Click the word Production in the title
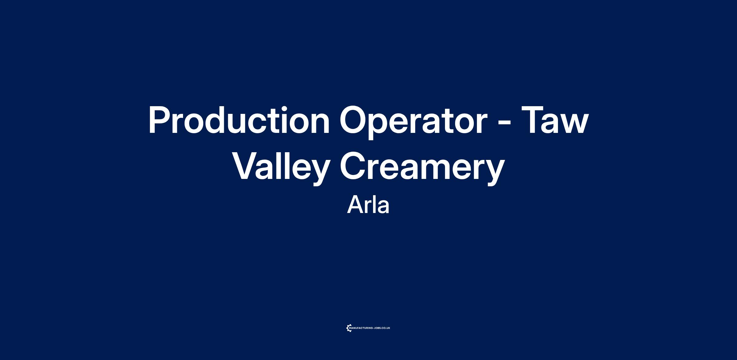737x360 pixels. [239, 120]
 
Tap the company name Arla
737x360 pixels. [368, 205]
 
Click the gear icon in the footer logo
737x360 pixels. [349, 328]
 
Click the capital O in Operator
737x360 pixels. [354, 120]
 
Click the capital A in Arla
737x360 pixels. [355, 205]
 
